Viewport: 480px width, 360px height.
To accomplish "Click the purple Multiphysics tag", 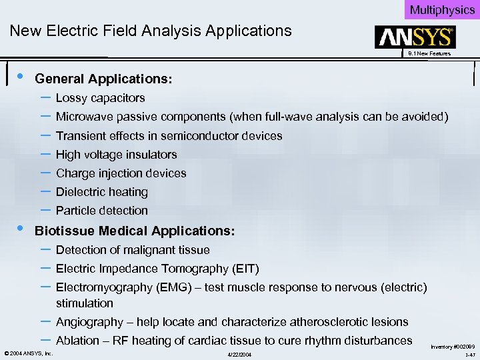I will tap(442, 9).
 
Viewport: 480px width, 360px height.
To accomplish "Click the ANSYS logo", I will tap(415, 37).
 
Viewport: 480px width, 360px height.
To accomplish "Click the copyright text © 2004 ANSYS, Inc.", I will tap(29, 353).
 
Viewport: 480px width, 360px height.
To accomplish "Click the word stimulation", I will tap(85, 303).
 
